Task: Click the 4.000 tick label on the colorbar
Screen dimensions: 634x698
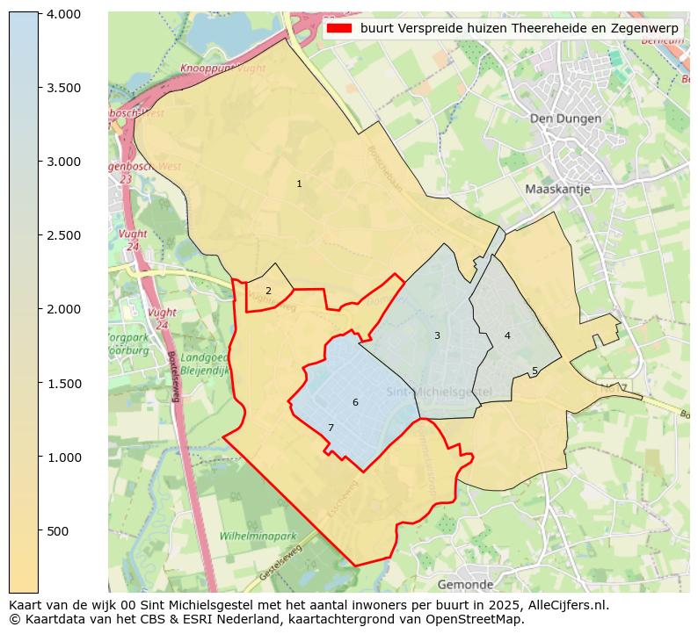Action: (63, 14)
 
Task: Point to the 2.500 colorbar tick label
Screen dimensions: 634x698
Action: (63, 235)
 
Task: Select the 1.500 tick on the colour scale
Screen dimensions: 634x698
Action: (63, 383)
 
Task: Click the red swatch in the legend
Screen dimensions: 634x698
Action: (338, 29)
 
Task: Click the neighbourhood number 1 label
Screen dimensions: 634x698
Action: (299, 184)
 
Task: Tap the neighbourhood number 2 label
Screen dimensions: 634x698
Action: (268, 291)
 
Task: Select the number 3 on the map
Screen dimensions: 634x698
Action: (437, 335)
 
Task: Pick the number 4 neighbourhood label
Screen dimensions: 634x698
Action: (507, 335)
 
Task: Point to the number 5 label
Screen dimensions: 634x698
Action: (534, 371)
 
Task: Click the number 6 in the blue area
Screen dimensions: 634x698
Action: (355, 402)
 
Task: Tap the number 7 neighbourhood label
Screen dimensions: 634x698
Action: (331, 428)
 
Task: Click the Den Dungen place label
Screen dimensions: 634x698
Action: (565, 119)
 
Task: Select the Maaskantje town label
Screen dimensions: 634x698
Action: (557, 189)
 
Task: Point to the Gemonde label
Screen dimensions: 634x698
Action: (465, 584)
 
